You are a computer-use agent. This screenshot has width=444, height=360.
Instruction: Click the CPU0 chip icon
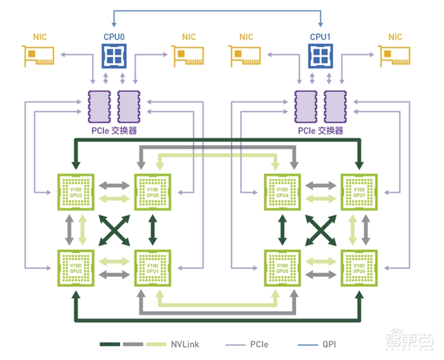click(114, 56)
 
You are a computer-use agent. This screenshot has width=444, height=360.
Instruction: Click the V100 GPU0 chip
click(152, 192)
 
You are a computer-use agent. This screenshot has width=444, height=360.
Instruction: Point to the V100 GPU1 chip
click(152, 268)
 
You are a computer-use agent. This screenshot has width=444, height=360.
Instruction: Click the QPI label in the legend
click(329, 344)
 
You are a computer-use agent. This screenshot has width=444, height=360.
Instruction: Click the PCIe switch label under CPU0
click(114, 132)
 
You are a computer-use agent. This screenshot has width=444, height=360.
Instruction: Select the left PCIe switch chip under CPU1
click(304, 106)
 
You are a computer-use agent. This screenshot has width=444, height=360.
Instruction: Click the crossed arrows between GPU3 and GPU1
click(114, 229)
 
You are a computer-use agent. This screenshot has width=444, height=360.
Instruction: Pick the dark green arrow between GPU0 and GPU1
click(152, 229)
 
